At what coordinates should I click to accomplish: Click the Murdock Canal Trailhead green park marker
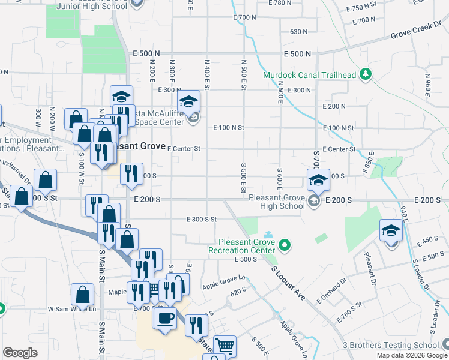365,75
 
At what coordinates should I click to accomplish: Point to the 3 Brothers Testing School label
390,345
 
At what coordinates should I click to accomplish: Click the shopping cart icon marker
224,346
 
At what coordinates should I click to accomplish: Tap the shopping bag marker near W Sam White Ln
83,294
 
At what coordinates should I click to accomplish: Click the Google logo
20,353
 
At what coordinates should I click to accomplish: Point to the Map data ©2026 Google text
412,355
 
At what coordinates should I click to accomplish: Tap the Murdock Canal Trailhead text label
309,75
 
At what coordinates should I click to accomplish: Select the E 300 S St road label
201,220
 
